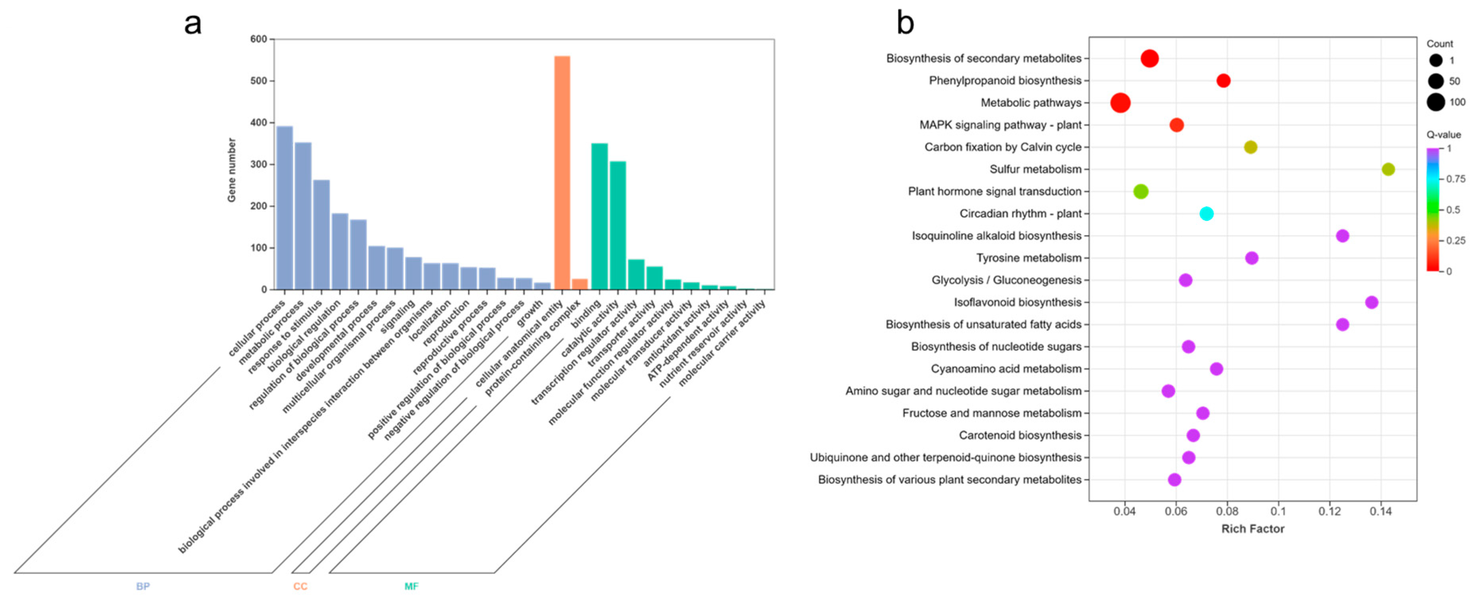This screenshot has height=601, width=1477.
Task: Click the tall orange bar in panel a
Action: [562, 172]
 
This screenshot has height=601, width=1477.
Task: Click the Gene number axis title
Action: [231, 170]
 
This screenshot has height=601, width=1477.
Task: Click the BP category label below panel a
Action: [143, 586]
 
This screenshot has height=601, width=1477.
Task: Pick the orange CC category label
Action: [300, 586]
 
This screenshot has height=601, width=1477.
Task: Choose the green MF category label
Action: [411, 586]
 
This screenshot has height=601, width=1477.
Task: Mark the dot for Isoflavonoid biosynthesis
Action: [1372, 302]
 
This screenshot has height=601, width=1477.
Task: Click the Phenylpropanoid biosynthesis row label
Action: [1005, 81]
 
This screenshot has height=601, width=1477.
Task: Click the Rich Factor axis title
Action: [1252, 529]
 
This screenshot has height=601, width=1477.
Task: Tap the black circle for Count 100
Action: [1436, 102]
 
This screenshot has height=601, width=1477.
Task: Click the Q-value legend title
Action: [1443, 135]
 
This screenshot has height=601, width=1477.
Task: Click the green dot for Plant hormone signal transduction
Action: [1141, 192]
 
